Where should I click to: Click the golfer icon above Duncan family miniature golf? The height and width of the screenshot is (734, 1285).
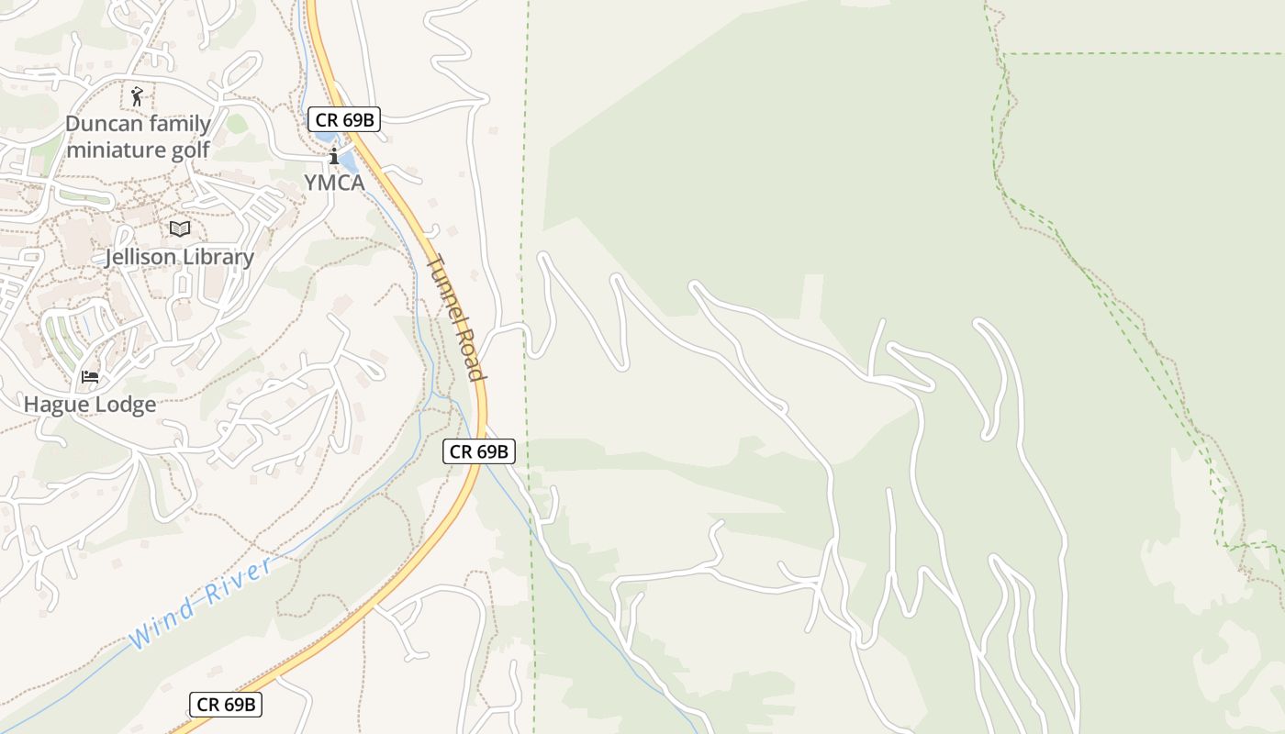coord(137,95)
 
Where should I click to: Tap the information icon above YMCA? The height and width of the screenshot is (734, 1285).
coord(334,156)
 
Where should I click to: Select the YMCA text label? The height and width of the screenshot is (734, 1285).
coord(334,183)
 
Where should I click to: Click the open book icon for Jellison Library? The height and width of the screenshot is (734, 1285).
coord(180,228)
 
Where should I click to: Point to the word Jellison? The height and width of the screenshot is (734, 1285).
coord(140,257)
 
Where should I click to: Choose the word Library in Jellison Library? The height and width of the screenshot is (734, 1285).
coord(218,257)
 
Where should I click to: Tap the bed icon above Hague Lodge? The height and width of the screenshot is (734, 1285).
coord(90,376)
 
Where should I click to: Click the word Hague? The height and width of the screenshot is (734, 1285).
coord(55,404)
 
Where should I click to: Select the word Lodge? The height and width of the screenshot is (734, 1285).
coord(123,404)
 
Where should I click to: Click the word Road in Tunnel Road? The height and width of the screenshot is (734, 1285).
coord(470,354)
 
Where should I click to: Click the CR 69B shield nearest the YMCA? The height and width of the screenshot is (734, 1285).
coord(343,119)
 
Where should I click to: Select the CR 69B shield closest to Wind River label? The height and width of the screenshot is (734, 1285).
coord(226,705)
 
